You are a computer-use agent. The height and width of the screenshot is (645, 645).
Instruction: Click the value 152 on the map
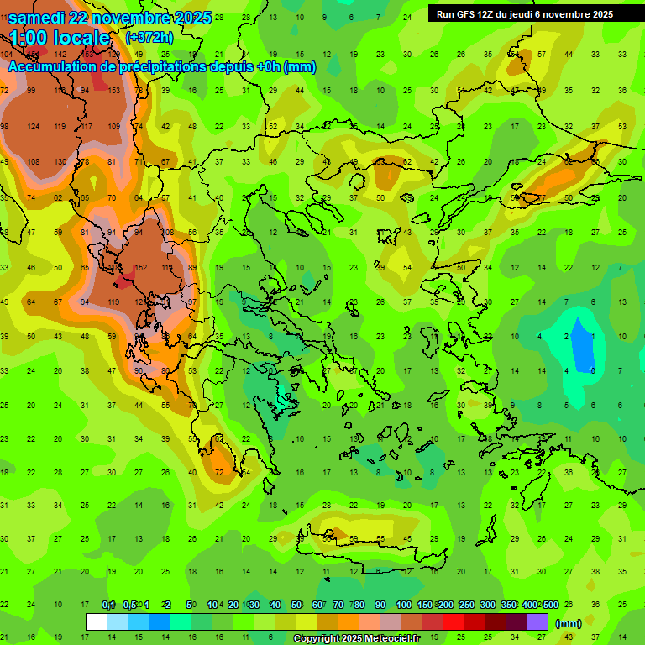(x=141, y=268)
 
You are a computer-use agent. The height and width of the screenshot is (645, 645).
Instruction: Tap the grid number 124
(x=33, y=127)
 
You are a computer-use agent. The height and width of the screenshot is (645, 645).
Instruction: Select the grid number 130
(x=60, y=162)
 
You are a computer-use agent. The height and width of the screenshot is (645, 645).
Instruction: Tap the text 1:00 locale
(x=60, y=38)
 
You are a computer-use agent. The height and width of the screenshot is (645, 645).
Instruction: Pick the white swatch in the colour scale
(x=97, y=622)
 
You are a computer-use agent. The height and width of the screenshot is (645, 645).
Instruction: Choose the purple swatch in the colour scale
(x=537, y=622)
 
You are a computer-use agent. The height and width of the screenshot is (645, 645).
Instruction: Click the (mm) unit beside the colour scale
(x=569, y=623)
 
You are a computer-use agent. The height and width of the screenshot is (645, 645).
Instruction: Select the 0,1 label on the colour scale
(x=107, y=605)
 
